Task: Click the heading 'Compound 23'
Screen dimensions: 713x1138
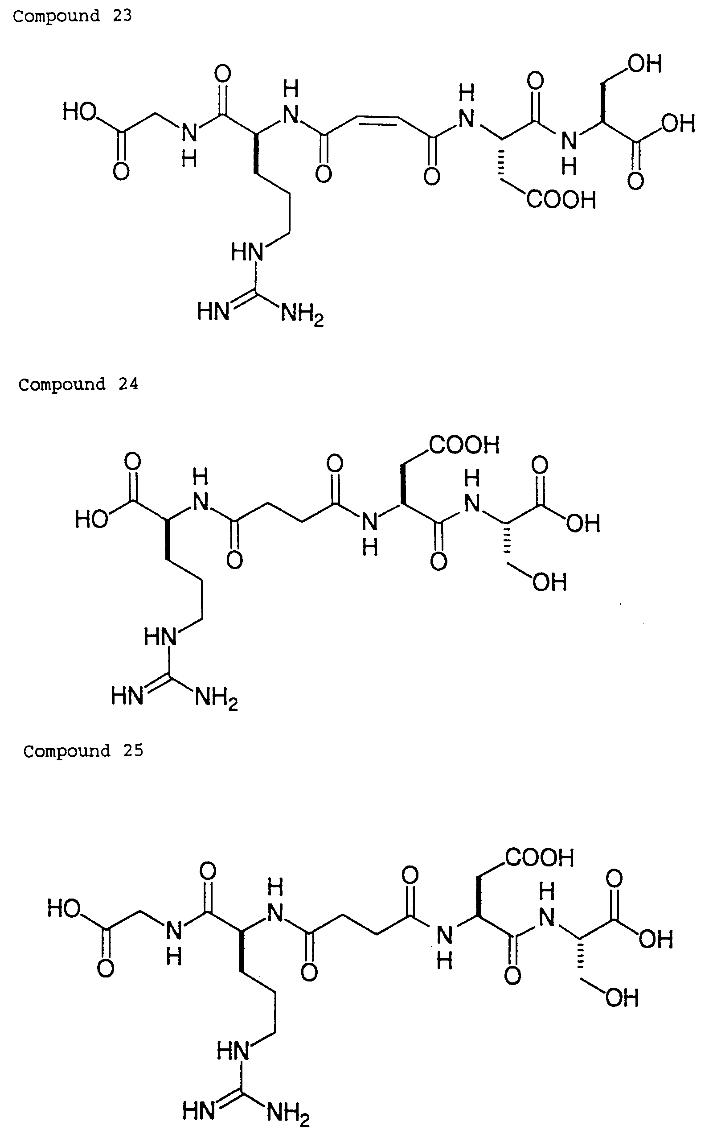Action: [x=73, y=16]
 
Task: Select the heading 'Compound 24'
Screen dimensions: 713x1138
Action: [x=78, y=384]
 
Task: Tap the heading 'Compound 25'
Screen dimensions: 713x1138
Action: [x=83, y=750]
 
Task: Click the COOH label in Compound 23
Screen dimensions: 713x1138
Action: [x=561, y=200]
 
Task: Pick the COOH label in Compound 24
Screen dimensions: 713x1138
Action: [x=464, y=445]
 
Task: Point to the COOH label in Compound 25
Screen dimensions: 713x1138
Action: [x=540, y=858]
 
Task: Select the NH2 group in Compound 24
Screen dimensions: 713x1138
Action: [x=217, y=697]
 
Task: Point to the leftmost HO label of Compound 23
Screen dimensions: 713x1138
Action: [x=80, y=112]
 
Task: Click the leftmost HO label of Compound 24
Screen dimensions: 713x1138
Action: [x=91, y=520]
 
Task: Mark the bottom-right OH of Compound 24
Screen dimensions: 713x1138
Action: [x=550, y=582]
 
